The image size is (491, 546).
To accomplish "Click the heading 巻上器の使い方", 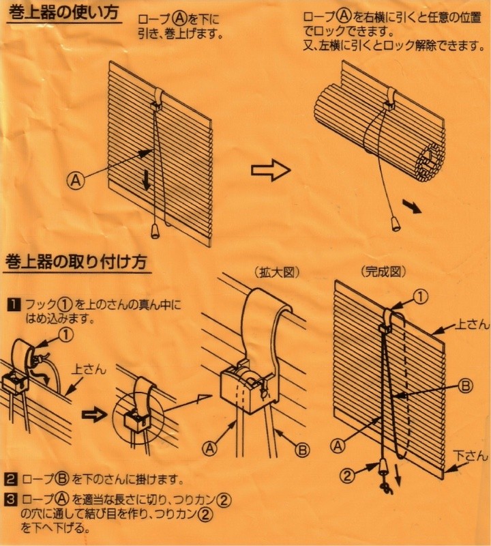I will pyautogui.click(x=63, y=13).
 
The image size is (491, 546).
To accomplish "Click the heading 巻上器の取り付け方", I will pyautogui.click(x=75, y=261).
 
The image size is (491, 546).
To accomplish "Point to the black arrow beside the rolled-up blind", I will pyautogui.click(x=411, y=205).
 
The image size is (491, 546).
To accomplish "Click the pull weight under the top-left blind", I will pyautogui.click(x=155, y=231).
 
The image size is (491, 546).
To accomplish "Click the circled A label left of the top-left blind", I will pyautogui.click(x=76, y=179).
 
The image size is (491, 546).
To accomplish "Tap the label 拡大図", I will pyautogui.click(x=279, y=272).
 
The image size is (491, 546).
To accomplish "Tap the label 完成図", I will pyautogui.click(x=384, y=272).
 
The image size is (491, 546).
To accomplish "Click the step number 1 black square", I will pyautogui.click(x=12, y=304).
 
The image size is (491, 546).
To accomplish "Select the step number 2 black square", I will pyautogui.click(x=12, y=478).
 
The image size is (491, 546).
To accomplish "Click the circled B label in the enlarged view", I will pyautogui.click(x=303, y=449).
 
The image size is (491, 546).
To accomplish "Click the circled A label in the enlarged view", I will pyautogui.click(x=209, y=449).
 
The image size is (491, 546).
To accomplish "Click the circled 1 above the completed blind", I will pyautogui.click(x=421, y=297).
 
